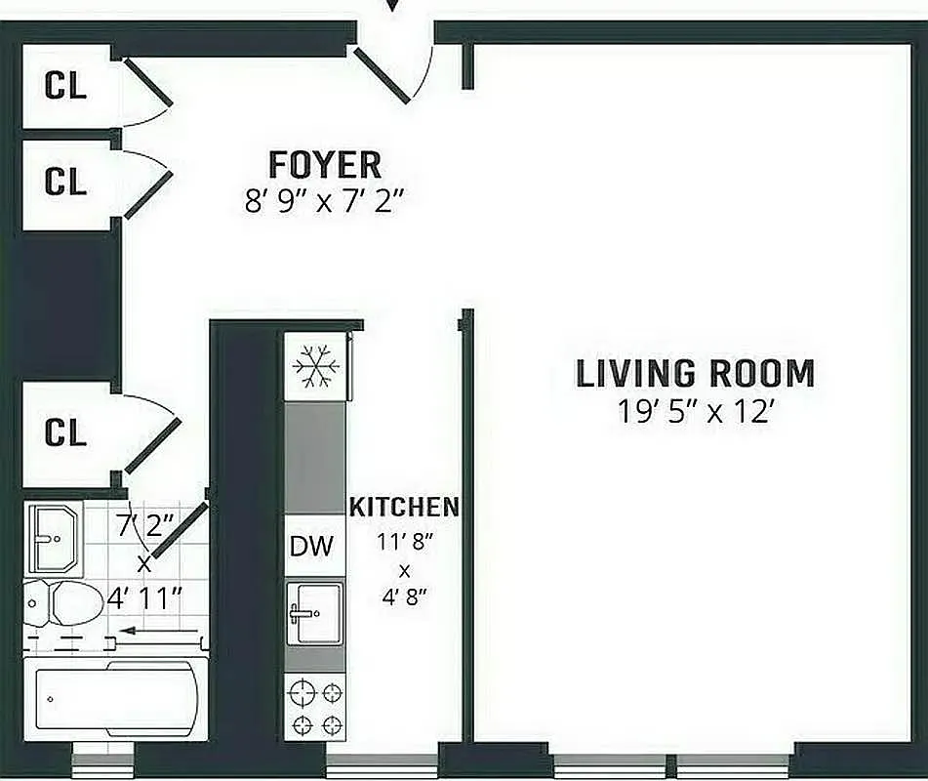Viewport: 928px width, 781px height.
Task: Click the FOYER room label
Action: point(324,164)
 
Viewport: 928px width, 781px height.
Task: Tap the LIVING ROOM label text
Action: point(695,374)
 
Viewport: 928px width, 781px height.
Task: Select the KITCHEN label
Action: point(404,508)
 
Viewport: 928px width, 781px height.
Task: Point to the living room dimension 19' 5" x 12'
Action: point(695,412)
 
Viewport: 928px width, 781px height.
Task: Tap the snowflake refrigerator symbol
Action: point(315,369)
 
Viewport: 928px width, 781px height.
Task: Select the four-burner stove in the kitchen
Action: point(315,709)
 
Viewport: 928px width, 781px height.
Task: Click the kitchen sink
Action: point(314,612)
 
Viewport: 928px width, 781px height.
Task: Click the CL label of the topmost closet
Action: point(65,86)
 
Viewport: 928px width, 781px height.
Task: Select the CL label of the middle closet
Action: point(65,182)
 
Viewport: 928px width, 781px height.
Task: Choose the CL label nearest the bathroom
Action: point(65,433)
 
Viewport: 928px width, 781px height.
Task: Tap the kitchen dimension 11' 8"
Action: point(404,539)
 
